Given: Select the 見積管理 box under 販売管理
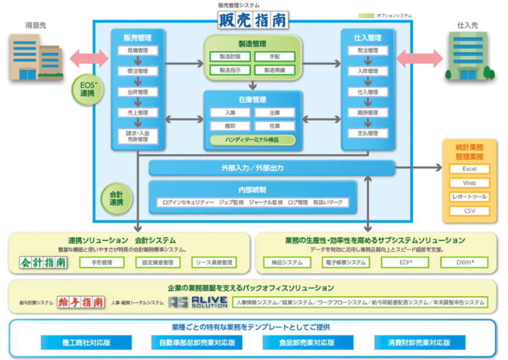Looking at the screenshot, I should tap(137, 51).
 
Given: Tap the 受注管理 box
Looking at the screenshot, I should tap(137, 72).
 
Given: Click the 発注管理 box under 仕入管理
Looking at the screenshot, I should tap(367, 51).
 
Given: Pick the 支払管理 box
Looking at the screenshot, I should tap(367, 133).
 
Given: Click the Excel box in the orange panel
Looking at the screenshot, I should tap(469, 169).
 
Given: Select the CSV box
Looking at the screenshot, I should tap(469, 211).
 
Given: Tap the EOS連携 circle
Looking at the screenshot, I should tap(88, 89).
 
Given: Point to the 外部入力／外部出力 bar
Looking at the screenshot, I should tap(272, 168).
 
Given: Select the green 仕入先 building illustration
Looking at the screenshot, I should tap(470, 58).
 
